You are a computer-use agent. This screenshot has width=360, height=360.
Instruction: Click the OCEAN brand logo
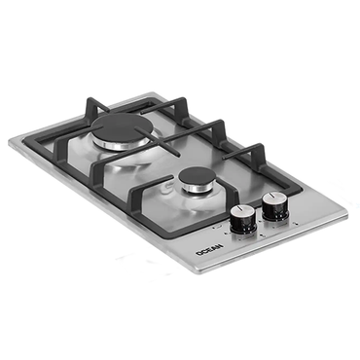(209, 250)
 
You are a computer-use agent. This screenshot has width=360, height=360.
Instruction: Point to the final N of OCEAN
(220, 246)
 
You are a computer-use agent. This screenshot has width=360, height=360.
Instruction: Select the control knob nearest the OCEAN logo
(243, 219)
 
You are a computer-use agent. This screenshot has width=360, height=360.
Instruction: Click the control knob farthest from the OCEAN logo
(275, 204)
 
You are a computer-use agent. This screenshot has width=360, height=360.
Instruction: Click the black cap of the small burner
(196, 176)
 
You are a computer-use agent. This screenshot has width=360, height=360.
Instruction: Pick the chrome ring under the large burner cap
(121, 145)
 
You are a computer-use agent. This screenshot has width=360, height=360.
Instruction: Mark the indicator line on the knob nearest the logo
(240, 207)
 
